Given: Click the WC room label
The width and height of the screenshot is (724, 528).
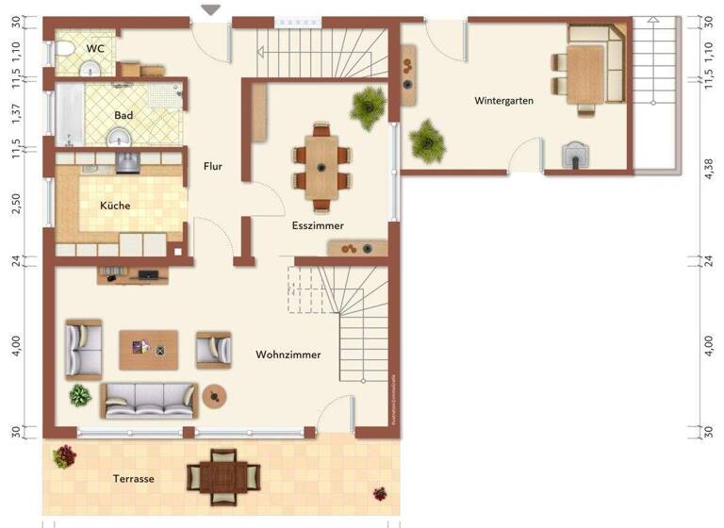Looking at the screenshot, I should click(95, 48).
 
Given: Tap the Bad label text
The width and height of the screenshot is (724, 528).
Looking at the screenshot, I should click(123, 115).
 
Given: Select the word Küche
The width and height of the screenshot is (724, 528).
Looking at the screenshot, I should click(115, 205).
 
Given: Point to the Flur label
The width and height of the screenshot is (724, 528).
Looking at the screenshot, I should click(213, 166).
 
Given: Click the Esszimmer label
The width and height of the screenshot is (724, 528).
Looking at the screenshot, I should click(318, 225).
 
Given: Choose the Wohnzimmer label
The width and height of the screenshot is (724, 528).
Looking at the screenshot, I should click(288, 355).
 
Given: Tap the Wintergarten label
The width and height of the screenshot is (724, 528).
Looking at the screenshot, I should click(504, 100).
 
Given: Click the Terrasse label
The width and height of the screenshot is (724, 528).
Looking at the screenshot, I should click(133, 478).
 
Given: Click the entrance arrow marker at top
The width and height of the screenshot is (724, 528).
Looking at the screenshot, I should click(211, 9).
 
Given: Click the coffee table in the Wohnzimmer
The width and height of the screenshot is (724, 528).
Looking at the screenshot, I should click(148, 349).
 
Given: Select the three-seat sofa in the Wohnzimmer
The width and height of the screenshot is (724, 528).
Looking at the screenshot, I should click(149, 400).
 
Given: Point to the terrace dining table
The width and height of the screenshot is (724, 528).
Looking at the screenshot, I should click(222, 475).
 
